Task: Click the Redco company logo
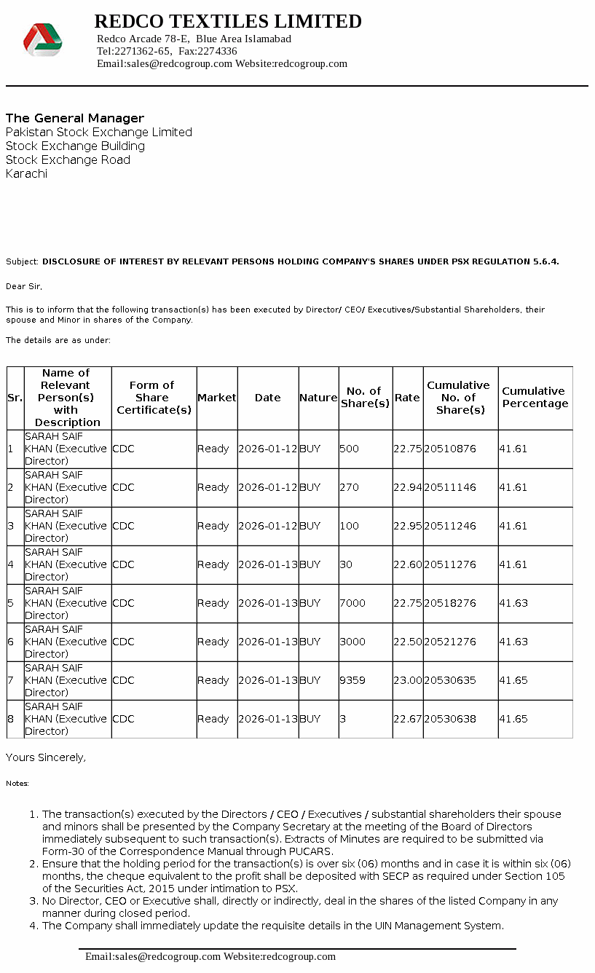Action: (x=42, y=39)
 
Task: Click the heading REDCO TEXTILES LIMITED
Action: (x=228, y=21)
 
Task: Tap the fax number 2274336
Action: (x=218, y=51)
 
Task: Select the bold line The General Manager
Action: (x=75, y=118)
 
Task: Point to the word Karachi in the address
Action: (x=26, y=173)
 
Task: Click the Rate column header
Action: (x=407, y=398)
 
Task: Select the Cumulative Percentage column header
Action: (x=535, y=398)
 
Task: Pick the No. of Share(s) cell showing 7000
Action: (x=352, y=603)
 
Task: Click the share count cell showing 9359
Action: (x=352, y=680)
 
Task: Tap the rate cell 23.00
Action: (x=407, y=680)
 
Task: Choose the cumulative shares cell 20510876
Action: (x=450, y=449)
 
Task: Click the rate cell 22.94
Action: (x=407, y=487)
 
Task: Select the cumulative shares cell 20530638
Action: (x=450, y=719)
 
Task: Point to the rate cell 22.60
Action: (x=407, y=564)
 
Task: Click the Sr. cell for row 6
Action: (x=11, y=642)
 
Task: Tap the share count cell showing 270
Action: (x=349, y=487)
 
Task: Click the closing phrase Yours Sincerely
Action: (x=45, y=757)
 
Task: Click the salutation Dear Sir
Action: (x=24, y=286)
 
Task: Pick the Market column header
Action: (x=217, y=398)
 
